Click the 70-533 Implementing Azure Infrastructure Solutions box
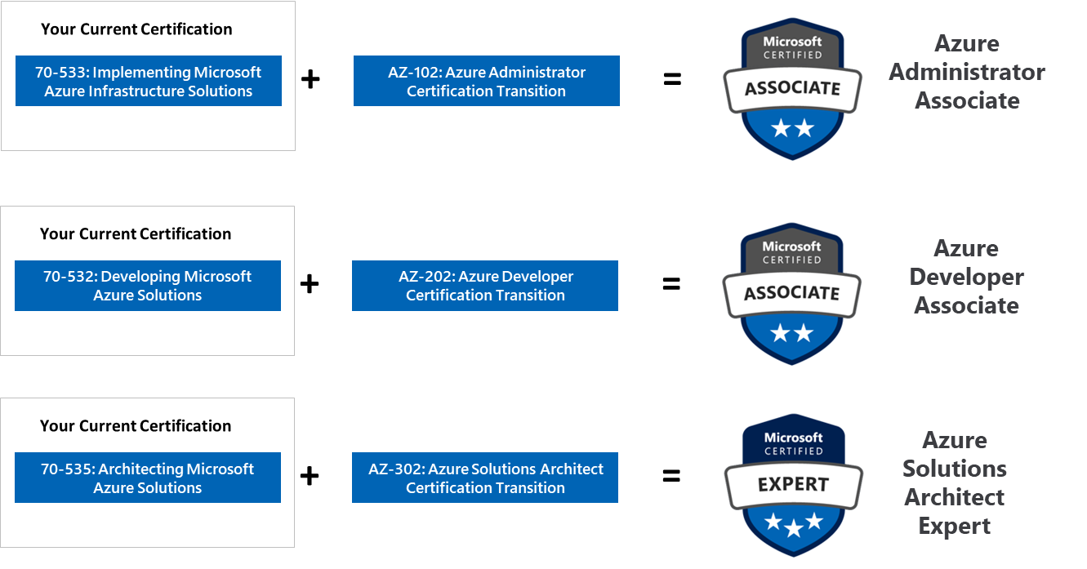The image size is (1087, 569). pyautogui.click(x=148, y=81)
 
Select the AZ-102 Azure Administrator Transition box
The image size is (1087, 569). pyautogui.click(x=486, y=81)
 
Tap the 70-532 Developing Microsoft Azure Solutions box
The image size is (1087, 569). pyautogui.click(x=147, y=286)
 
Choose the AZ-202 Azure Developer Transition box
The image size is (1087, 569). pyautogui.click(x=485, y=286)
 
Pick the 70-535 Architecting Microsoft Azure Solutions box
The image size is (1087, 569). pyautogui.click(x=147, y=478)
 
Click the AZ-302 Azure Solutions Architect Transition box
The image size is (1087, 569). pyautogui.click(x=485, y=478)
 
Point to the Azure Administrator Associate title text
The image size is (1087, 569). pyautogui.click(x=967, y=72)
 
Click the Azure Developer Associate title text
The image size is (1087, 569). pyautogui.click(x=966, y=277)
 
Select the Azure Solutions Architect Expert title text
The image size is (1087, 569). pyautogui.click(x=954, y=483)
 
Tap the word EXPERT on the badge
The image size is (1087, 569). pyautogui.click(x=793, y=484)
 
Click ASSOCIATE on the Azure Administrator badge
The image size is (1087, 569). pyautogui.click(x=792, y=88)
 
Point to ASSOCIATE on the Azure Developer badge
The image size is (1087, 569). pyautogui.click(x=791, y=293)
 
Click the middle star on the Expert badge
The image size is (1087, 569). pyautogui.click(x=793, y=529)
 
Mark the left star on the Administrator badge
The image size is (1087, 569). pyautogui.click(x=782, y=127)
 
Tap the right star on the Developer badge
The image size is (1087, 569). pyautogui.click(x=804, y=332)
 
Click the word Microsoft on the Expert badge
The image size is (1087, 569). pyautogui.click(x=793, y=438)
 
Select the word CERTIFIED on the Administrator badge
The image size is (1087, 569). pyautogui.click(x=792, y=55)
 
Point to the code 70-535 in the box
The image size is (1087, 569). pyautogui.click(x=68, y=469)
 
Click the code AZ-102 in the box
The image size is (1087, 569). pyautogui.click(x=413, y=73)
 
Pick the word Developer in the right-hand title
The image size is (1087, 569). pyautogui.click(x=966, y=277)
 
